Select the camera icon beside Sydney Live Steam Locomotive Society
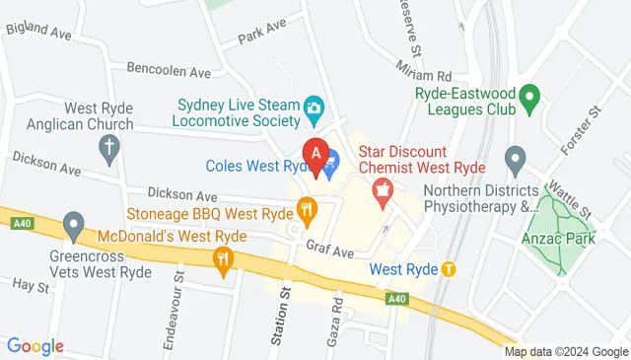314,107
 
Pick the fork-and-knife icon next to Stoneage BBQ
308,209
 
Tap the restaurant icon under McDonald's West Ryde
224,259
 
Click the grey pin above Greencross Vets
72,226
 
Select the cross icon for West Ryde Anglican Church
109,151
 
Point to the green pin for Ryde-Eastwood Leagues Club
528,97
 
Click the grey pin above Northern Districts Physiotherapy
514,159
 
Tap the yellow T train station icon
449,268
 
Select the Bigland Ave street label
38,33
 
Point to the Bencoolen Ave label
169,71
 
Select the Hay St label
31,287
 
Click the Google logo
35,346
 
